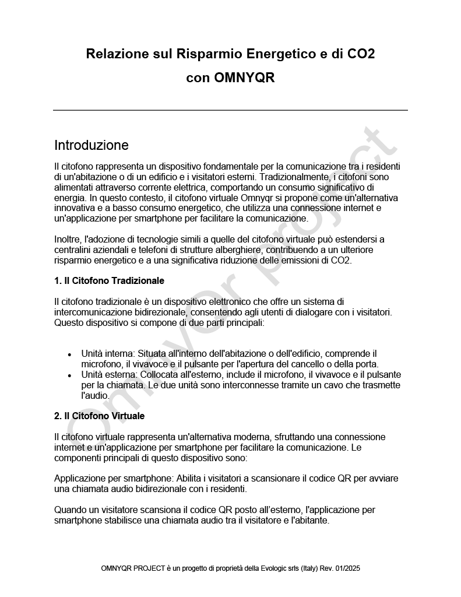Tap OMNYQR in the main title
tap(244, 78)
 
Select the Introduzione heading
tap(91, 145)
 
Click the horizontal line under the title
tap(230, 110)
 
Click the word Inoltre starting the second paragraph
tap(68, 239)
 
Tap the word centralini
tap(74, 250)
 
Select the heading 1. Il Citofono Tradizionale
tap(109, 280)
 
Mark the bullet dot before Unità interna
tap(70, 354)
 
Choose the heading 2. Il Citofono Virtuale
tap(99, 416)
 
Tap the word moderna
tap(251, 437)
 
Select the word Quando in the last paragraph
tap(71, 510)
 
